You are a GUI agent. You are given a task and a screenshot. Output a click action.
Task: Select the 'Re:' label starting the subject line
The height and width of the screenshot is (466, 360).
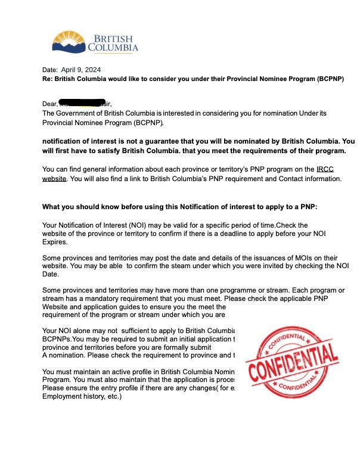pos(48,79)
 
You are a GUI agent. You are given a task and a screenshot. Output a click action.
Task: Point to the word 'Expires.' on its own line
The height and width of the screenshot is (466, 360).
pos(55,243)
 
